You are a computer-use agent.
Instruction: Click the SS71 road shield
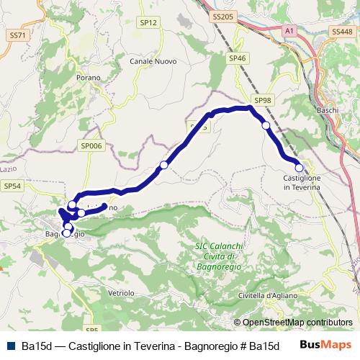(18, 35)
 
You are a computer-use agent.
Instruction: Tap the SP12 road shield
(148, 23)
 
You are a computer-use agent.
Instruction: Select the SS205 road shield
(225, 16)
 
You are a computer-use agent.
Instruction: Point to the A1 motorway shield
(289, 31)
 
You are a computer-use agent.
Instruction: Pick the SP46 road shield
(238, 58)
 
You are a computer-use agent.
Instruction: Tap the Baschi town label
(328, 110)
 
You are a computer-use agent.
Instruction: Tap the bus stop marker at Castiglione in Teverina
(300, 168)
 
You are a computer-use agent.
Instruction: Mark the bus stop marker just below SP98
(266, 126)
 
